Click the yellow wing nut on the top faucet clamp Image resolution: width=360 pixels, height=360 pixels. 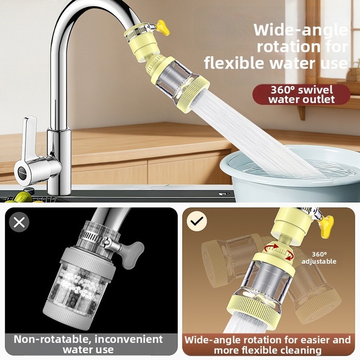[164, 27]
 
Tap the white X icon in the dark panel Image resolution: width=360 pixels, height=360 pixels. [19, 222]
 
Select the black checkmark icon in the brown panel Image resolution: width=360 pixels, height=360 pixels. [197, 221]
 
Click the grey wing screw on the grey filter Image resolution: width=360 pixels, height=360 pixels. [132, 254]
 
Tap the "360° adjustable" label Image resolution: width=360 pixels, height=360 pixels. [319, 258]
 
